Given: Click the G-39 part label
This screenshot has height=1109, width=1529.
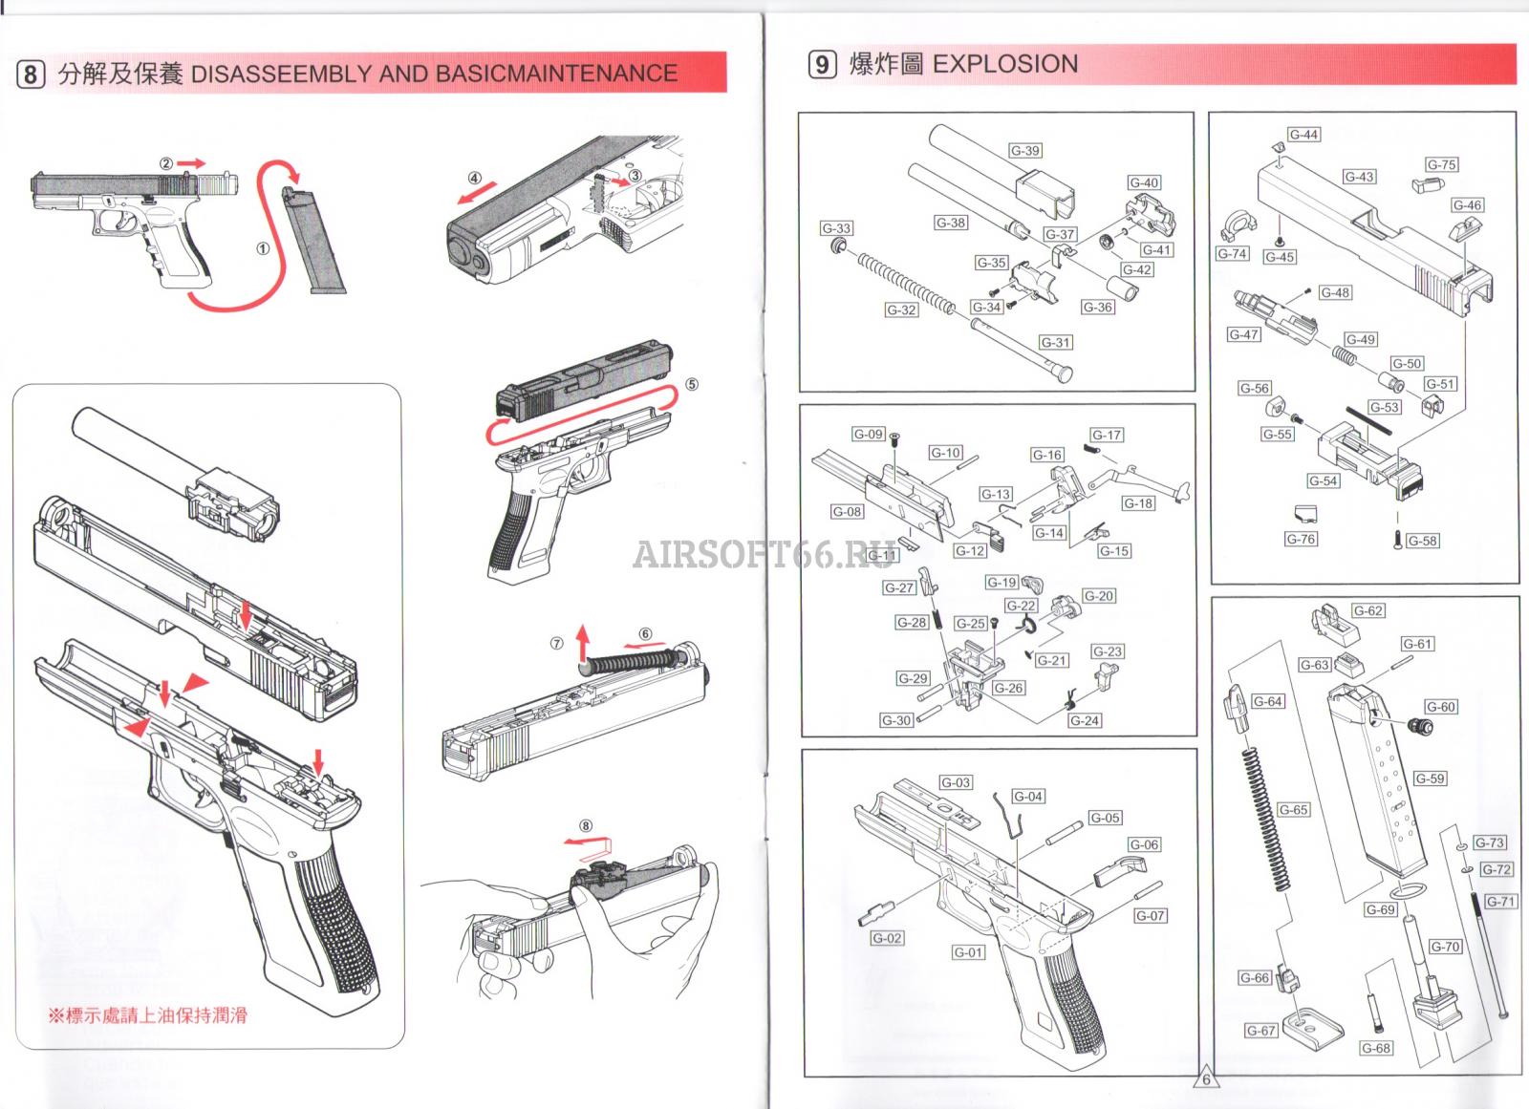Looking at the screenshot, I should tap(1025, 151).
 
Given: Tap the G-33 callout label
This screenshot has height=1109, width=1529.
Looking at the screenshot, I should tap(836, 228).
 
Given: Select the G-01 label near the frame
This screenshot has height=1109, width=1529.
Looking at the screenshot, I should tap(968, 952).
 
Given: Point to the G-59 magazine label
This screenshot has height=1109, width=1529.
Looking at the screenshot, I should tap(1430, 778).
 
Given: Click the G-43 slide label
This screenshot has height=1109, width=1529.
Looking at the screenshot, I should tap(1359, 177).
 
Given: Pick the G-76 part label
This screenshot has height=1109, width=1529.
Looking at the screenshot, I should tap(1301, 539).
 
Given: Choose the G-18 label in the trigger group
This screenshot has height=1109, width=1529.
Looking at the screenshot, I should tap(1138, 503).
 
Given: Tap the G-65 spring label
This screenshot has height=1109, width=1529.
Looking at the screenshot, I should tap(1293, 809).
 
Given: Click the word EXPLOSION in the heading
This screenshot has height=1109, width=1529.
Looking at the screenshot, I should tap(1005, 64).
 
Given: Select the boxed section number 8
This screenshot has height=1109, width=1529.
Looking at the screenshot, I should tap(31, 74).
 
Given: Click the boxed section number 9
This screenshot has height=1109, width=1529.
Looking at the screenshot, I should tap(822, 64).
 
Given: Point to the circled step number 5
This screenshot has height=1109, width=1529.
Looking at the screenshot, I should tap(691, 384).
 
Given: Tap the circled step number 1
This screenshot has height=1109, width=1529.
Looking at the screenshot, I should tap(262, 248).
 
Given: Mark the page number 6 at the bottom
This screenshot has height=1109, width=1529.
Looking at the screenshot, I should tap(1206, 1079).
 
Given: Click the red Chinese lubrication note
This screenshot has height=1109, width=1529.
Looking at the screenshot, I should tap(148, 1014).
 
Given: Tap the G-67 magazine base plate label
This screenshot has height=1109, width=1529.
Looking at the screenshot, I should tap(1261, 1031).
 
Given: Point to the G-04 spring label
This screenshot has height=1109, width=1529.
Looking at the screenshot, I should tap(1028, 796).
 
